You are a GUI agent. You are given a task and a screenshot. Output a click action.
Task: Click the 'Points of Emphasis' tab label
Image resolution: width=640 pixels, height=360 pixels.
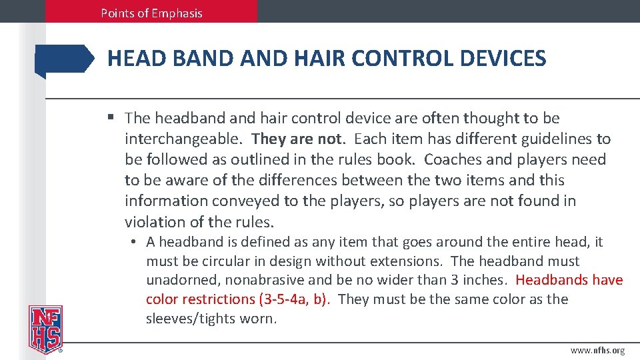151,13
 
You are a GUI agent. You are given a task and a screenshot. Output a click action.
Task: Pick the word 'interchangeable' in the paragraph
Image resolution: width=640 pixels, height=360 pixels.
183,139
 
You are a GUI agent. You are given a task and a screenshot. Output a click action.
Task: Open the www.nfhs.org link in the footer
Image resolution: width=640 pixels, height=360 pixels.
597,351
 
